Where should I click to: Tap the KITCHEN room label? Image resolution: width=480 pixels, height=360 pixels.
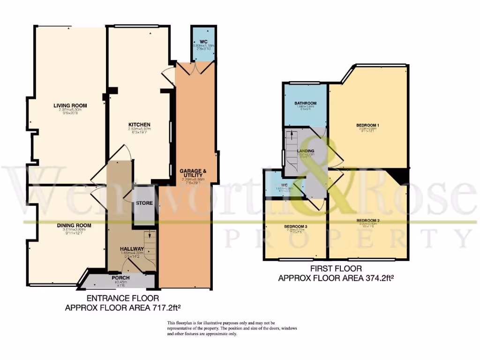click(x=139, y=124)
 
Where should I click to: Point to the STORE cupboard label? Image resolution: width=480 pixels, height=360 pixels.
click(x=142, y=203)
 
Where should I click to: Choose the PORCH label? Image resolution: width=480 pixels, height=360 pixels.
click(x=121, y=277)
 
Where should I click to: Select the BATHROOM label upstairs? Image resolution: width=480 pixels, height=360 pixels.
click(x=305, y=103)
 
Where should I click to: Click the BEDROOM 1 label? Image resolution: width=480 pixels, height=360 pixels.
click(x=367, y=125)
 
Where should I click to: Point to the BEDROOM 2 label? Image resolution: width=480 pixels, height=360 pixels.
click(x=367, y=220)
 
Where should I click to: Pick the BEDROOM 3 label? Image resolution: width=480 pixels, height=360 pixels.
click(x=295, y=227)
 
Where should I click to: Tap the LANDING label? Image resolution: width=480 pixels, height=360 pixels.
click(x=305, y=151)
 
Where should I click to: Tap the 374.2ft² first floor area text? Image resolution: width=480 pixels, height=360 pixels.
click(x=336, y=277)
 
